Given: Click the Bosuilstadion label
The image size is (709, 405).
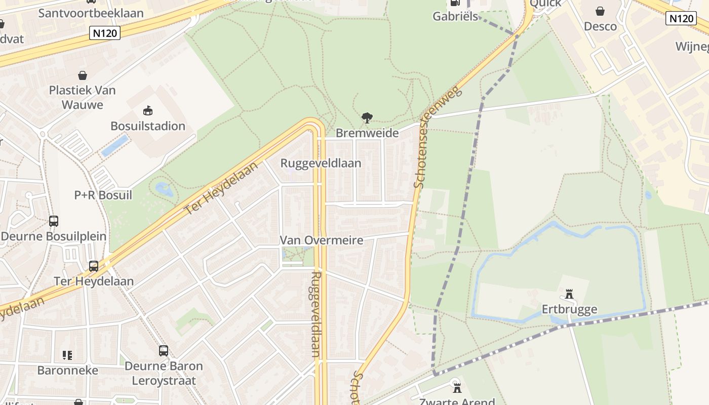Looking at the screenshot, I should tap(148, 126).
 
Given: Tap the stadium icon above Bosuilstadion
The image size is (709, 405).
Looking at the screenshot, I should tap(148, 110).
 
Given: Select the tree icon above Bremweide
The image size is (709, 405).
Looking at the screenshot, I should tap(367, 118).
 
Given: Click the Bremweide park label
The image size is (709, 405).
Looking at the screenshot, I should tap(367, 133).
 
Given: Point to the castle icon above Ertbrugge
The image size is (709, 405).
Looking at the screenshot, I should tap(569, 294).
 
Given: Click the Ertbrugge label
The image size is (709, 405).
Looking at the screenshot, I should tap(569, 309).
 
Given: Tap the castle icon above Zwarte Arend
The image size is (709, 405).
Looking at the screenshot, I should tap(457, 388).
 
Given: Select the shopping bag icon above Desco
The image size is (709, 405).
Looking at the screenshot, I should tap(600, 11).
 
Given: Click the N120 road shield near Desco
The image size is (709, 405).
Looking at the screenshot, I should tap(680, 19).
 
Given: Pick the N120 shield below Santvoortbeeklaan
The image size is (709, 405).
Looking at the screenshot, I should tap(105, 33).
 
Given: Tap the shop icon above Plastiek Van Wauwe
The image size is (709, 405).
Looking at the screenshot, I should tap(83, 76).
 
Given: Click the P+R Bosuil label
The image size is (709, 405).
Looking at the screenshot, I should tap(103, 195).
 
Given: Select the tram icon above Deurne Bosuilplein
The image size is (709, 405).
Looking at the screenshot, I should tap(54, 221).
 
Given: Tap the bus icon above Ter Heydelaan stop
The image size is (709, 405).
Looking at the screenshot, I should tap(94, 266).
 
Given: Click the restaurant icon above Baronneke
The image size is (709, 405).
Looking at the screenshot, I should tap(67, 355).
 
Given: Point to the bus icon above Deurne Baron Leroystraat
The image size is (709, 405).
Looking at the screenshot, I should tap(164, 350).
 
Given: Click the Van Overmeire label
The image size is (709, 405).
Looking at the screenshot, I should tap(322, 240).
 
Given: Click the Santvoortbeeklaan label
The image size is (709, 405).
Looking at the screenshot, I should tap(91, 13).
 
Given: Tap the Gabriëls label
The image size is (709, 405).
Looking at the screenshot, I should tap(455, 16).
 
